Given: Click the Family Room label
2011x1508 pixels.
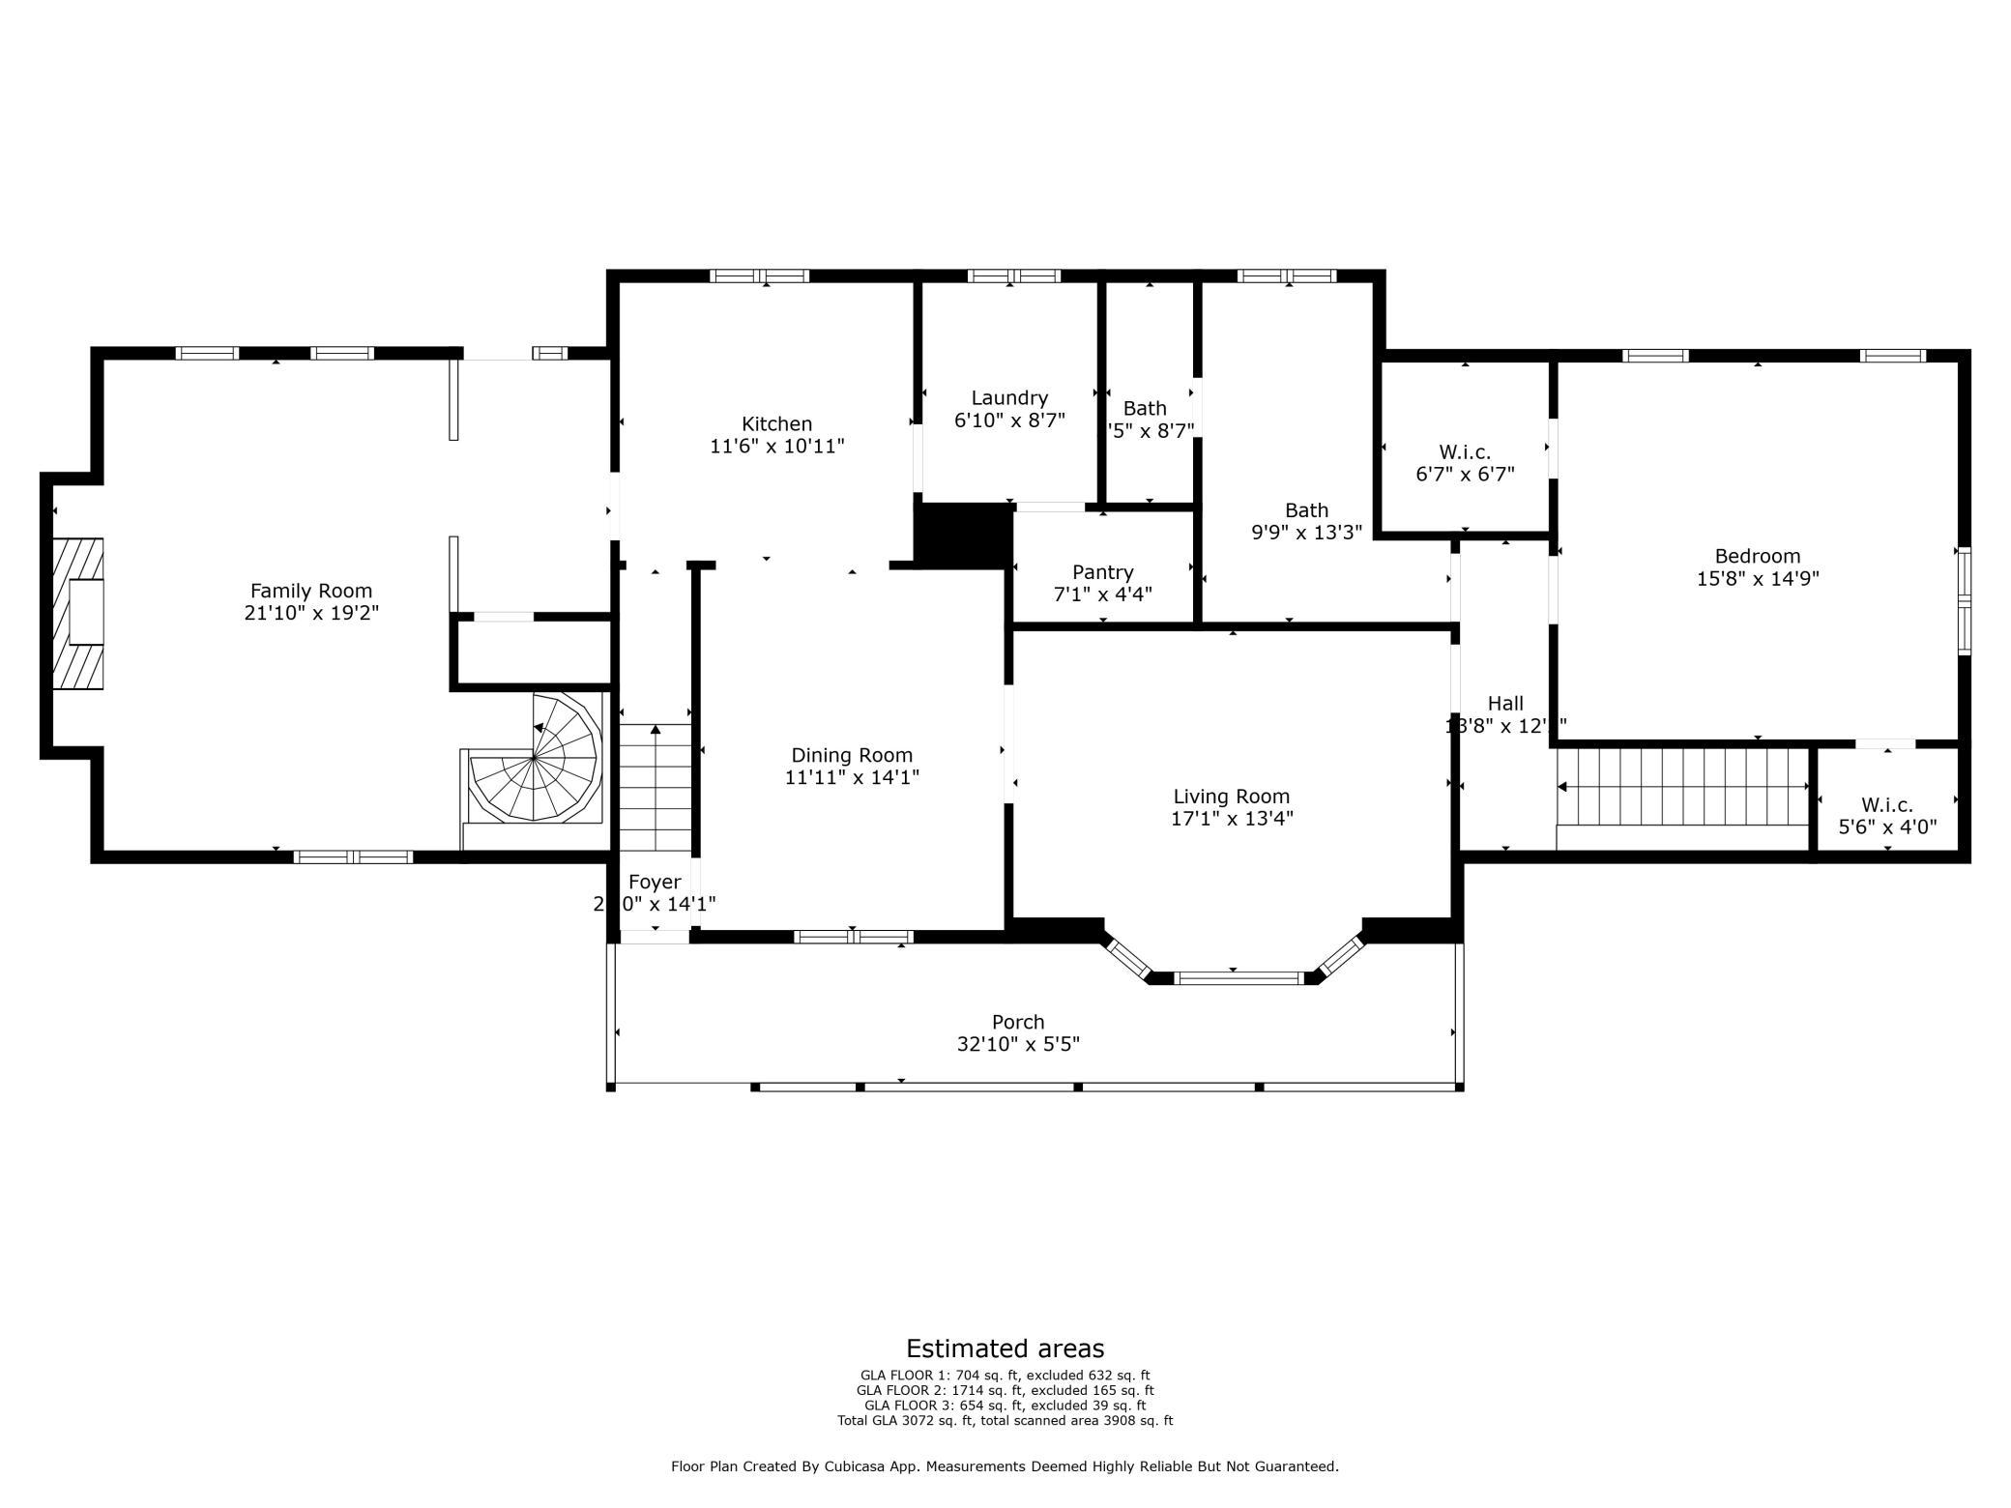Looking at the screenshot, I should coord(310,591).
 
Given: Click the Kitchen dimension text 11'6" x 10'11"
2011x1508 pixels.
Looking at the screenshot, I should coord(776,447).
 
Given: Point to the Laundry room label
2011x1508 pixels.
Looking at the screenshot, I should coord(1009,398).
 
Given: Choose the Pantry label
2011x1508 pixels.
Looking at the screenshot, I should coord(1102,572).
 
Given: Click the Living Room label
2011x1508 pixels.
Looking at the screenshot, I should coord(1231,797).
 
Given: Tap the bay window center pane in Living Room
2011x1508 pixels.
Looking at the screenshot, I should coord(1239,978).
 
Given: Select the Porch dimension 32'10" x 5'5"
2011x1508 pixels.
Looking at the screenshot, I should coord(1018,1044).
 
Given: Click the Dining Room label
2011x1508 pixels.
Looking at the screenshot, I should coord(852,755).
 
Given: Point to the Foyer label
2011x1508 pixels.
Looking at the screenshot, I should coord(655,882).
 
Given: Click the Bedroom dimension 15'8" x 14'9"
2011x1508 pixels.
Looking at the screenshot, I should coord(1757,579).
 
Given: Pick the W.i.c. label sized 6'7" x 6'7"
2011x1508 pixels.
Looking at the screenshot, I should coord(1464,452).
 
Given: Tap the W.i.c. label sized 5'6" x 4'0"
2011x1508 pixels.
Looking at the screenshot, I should coord(1886,805).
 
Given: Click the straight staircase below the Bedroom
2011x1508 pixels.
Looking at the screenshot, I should coord(1682,787).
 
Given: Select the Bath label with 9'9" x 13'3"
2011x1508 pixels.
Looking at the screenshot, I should coord(1306,510).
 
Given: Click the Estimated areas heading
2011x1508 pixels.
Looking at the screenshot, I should coord(1005,1348).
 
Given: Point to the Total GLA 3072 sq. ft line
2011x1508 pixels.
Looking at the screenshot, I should coord(1005,1421).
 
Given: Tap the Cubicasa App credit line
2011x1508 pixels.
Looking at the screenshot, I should coord(1005,1466).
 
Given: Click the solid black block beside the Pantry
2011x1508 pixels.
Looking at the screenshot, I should coord(963,535).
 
